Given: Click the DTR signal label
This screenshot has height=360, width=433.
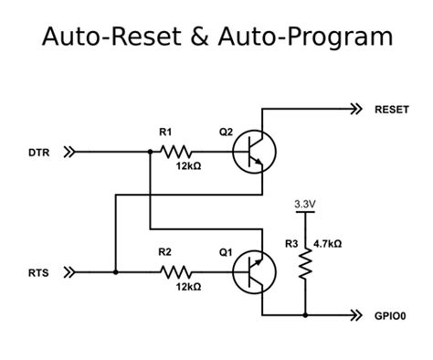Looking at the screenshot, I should point(38,154).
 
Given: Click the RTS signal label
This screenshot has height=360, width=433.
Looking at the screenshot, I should point(37,271).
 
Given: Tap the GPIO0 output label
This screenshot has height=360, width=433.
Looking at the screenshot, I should point(392,315).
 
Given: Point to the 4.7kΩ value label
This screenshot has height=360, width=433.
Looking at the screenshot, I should point(328,244).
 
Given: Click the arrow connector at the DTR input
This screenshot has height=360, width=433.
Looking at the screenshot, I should point(69,153).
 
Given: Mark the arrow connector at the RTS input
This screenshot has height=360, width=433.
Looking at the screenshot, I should point(69,270).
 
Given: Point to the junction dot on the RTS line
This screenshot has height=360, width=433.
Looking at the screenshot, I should point(115,270).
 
